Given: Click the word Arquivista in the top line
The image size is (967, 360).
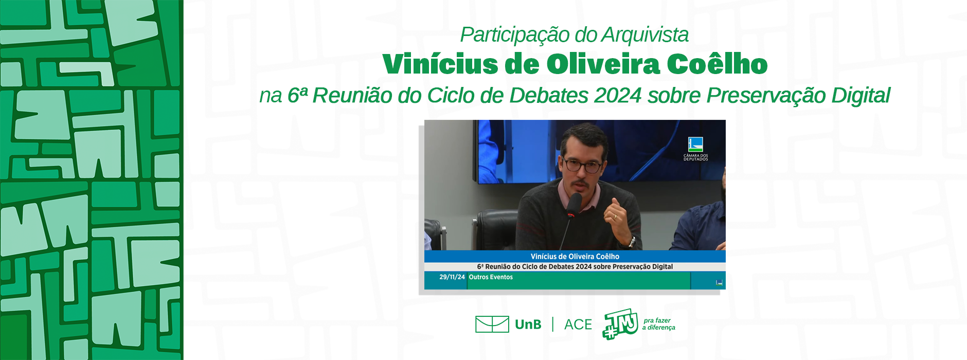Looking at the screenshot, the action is [x=645, y=34].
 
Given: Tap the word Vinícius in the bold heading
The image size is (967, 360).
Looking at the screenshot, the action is [x=440, y=64].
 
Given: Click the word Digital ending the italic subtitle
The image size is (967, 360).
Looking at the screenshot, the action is [x=861, y=96].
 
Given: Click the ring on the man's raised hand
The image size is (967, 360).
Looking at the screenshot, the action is [x=615, y=217].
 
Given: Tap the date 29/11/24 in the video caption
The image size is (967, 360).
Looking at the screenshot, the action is [x=452, y=277].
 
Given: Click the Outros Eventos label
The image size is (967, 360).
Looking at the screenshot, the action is [x=491, y=277].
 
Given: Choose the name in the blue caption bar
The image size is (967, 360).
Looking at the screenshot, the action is [x=575, y=256].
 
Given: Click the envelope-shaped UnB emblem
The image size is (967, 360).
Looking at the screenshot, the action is [x=492, y=324].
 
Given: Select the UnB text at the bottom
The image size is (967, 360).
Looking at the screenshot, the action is [x=528, y=325].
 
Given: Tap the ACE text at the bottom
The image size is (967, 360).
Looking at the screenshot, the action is [x=578, y=325].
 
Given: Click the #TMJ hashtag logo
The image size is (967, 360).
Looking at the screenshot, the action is [x=620, y=324].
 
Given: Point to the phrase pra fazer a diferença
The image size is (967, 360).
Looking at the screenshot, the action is [x=659, y=324].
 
